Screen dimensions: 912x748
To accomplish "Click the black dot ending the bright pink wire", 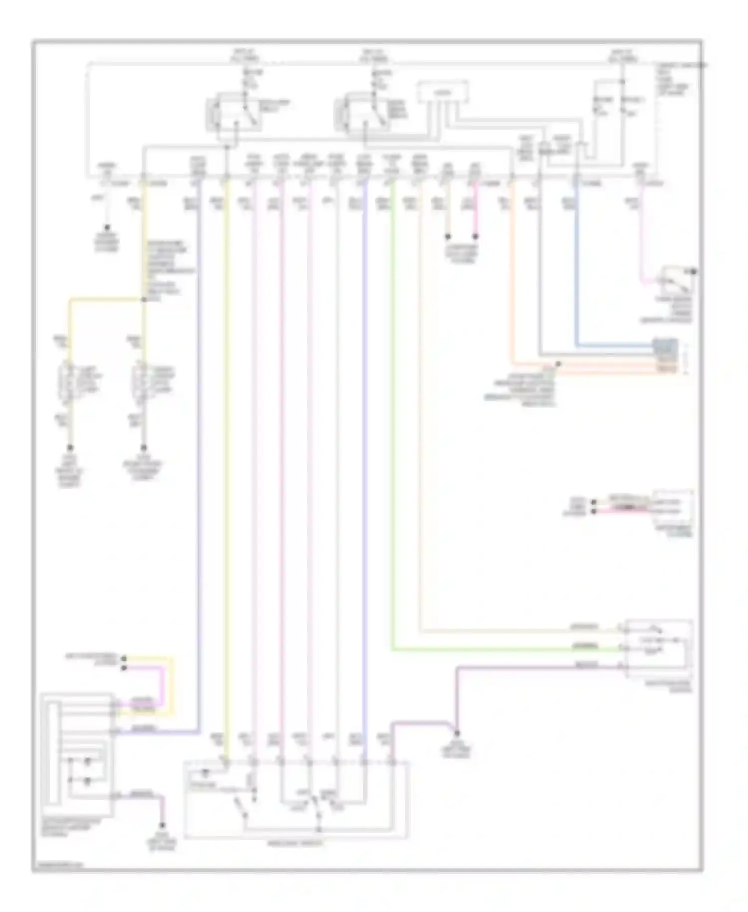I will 475,236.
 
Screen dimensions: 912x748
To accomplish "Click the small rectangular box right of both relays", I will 442,93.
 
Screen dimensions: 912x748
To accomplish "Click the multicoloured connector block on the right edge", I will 666,355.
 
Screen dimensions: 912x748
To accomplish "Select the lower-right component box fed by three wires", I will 658,648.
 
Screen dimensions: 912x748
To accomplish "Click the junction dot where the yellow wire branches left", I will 144,299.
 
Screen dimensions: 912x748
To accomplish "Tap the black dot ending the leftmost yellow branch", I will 70,448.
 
